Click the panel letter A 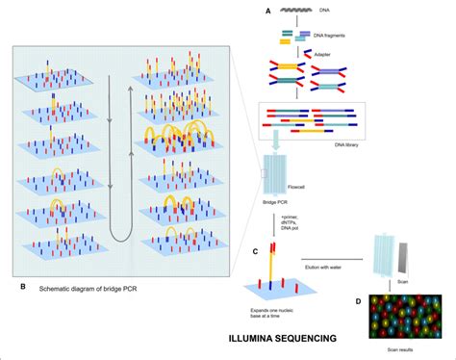(x=268, y=11)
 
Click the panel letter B (x=21, y=286)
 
